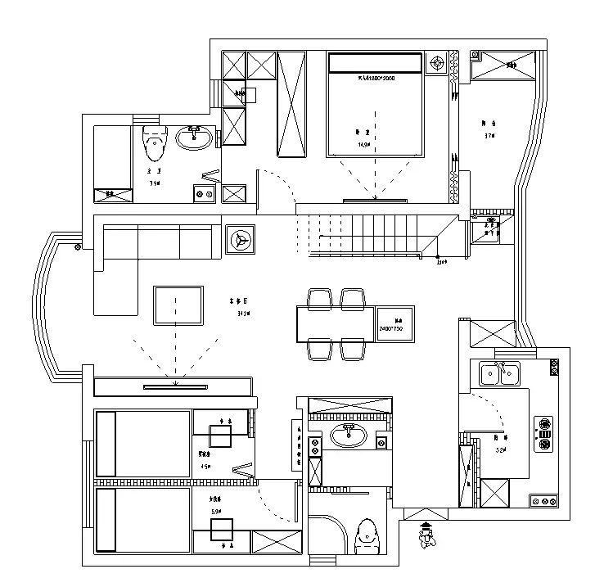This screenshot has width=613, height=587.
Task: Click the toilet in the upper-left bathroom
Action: pos(153,145)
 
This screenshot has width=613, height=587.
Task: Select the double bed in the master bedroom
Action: pos(376,104)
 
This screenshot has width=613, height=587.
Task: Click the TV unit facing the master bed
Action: pos(376,199)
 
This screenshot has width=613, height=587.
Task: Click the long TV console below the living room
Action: pos(174,386)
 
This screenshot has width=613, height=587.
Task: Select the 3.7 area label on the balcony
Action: pos(490,135)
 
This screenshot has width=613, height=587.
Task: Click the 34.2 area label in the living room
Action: pos(243,313)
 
